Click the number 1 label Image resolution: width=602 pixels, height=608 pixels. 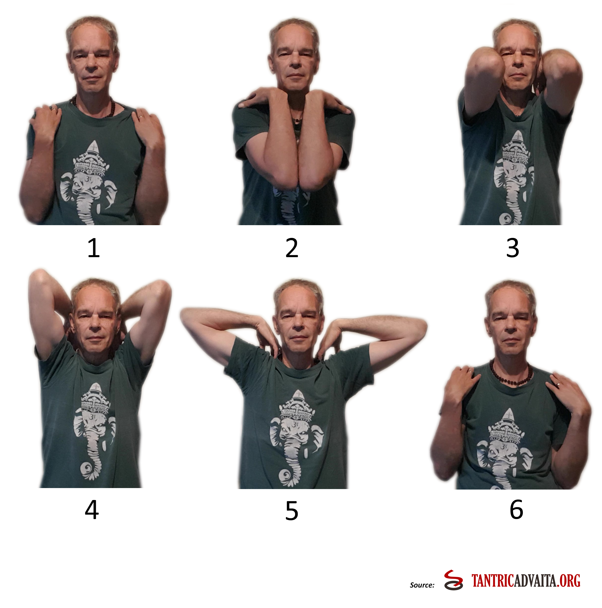click(x=94, y=248)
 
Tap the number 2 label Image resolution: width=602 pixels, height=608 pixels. click(x=292, y=248)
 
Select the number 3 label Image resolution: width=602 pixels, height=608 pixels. click(x=512, y=248)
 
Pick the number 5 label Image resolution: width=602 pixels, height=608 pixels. click(x=292, y=511)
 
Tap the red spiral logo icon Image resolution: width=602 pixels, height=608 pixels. click(x=453, y=580)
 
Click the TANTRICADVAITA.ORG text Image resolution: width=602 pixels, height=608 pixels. click(x=526, y=581)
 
